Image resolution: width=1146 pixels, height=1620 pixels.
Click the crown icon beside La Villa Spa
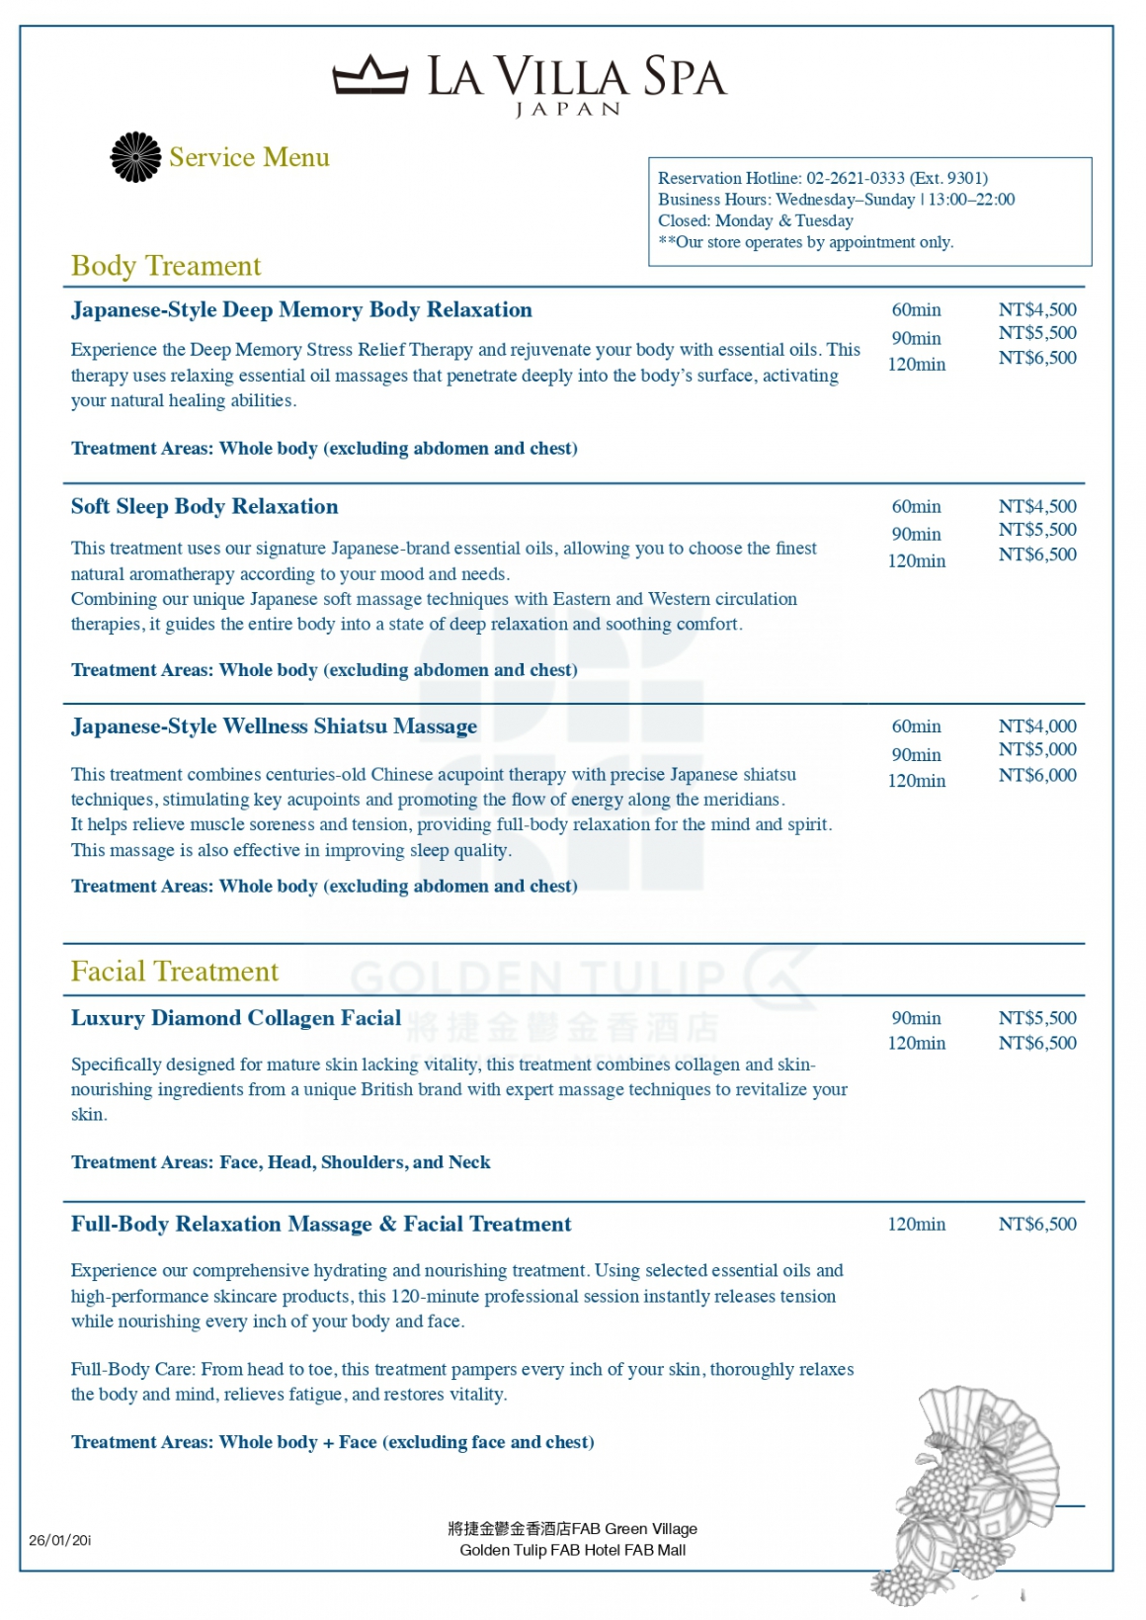369,75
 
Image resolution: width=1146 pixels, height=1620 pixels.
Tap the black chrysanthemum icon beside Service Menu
135,157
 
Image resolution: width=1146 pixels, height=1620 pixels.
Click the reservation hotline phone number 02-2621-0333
855,178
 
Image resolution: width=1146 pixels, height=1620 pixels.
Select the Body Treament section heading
166,266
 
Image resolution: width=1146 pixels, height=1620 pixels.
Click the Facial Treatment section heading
175,972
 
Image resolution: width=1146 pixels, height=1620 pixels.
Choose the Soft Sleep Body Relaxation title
205,507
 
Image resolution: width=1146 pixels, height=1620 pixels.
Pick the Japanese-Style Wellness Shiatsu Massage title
274,726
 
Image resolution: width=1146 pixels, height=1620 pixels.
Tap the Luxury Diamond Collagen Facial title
236,1018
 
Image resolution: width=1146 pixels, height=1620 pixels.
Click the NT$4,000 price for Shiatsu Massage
1036,726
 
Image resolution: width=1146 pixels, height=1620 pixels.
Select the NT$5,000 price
1036,750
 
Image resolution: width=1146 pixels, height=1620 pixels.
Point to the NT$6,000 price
1036,776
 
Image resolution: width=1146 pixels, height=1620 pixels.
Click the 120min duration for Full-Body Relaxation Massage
916,1225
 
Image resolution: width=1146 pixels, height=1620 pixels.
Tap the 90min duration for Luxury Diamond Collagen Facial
916,1018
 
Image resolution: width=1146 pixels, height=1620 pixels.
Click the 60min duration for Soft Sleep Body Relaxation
916,507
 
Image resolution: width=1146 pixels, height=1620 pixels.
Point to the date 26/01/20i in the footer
60,1540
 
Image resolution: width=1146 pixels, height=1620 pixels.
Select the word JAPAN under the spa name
568,110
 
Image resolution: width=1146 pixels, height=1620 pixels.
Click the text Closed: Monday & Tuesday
756,221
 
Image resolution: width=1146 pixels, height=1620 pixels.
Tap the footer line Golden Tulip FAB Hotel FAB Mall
572,1550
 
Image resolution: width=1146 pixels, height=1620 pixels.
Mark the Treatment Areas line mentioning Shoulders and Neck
281,1162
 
